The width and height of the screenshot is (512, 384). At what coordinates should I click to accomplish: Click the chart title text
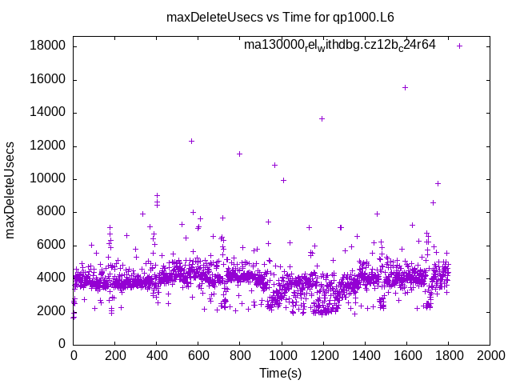point(280,17)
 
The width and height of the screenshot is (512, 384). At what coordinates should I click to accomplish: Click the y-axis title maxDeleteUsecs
point(11,190)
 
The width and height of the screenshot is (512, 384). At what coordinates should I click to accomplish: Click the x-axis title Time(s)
point(281,373)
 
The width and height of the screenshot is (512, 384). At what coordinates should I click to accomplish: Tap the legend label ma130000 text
point(340,46)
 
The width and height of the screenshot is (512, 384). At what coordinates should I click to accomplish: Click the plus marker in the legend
point(459,46)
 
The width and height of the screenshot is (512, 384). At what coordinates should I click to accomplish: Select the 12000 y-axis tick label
point(47,146)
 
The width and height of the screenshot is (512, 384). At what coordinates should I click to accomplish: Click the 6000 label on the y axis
point(50,245)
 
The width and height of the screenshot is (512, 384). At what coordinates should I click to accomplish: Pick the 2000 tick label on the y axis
point(50,311)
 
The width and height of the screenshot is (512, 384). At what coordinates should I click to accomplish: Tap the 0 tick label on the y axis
point(61,344)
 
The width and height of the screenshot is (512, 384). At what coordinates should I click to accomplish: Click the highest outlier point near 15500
point(405,87)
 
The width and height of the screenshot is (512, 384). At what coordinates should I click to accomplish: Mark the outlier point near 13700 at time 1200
point(322,118)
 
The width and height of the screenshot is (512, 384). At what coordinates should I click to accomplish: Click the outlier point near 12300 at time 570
point(191,141)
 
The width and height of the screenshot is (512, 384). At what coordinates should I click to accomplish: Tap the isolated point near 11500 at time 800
point(239,154)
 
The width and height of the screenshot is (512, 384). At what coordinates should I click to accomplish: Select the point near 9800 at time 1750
point(438,183)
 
